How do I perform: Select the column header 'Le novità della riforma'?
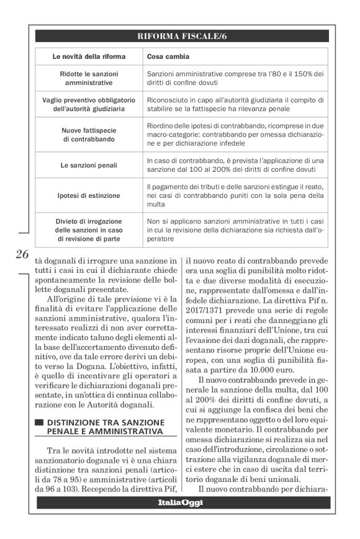tap(89, 57)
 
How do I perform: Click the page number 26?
tap(23, 255)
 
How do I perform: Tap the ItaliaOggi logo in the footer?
tap(181, 502)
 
